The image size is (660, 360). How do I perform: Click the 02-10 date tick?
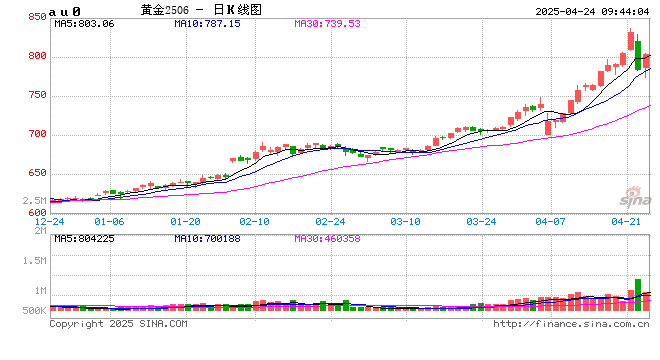[255, 222]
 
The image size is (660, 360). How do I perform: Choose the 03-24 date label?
[483, 222]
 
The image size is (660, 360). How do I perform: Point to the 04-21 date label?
[625, 222]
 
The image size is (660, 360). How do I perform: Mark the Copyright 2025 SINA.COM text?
[118, 324]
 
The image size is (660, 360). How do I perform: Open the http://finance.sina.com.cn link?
[571, 324]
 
